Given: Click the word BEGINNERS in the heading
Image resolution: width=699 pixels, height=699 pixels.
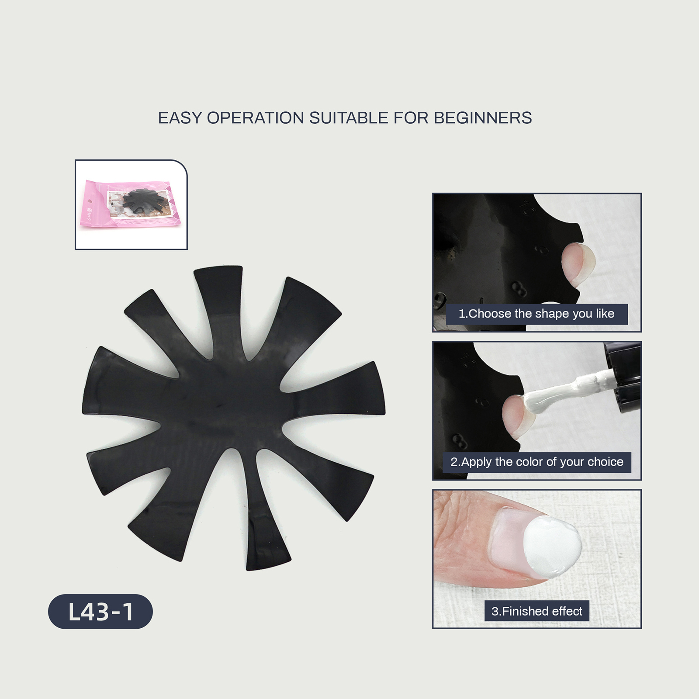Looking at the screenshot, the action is click(x=483, y=118).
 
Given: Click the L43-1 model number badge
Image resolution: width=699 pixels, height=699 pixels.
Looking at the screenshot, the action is click(x=100, y=612).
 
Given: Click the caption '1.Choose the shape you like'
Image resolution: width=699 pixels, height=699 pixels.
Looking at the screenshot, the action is click(x=536, y=314).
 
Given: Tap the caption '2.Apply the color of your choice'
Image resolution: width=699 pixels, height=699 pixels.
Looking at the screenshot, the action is click(x=537, y=462).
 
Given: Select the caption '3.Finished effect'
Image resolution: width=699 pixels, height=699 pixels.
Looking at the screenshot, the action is click(x=537, y=611).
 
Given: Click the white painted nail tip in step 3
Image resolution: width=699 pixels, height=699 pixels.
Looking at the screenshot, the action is click(x=553, y=546).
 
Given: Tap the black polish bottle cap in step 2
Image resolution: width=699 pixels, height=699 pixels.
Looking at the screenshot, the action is click(x=622, y=376).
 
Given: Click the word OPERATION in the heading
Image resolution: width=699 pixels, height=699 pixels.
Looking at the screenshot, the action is click(x=256, y=118).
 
